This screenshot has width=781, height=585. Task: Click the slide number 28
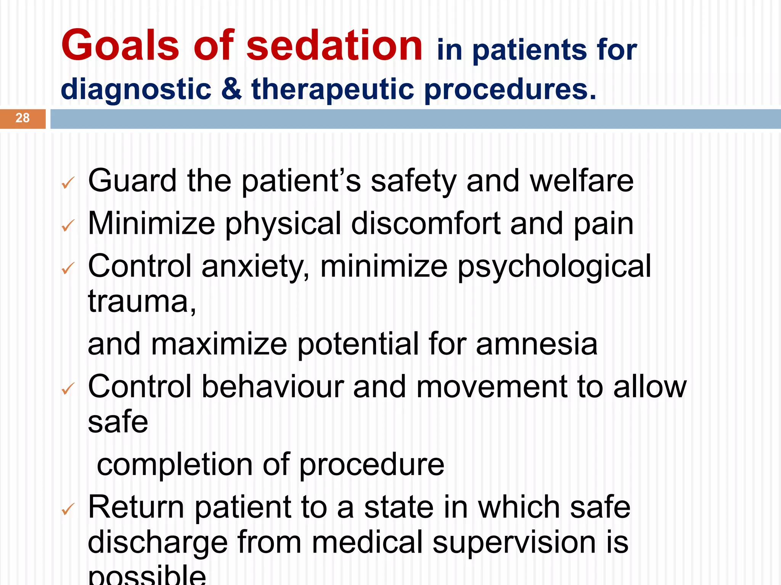point(22,118)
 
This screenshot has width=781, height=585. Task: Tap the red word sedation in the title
point(334,46)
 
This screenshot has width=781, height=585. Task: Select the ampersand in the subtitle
point(231,89)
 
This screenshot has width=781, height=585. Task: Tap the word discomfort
point(426,224)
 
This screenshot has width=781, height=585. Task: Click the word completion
point(174,465)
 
